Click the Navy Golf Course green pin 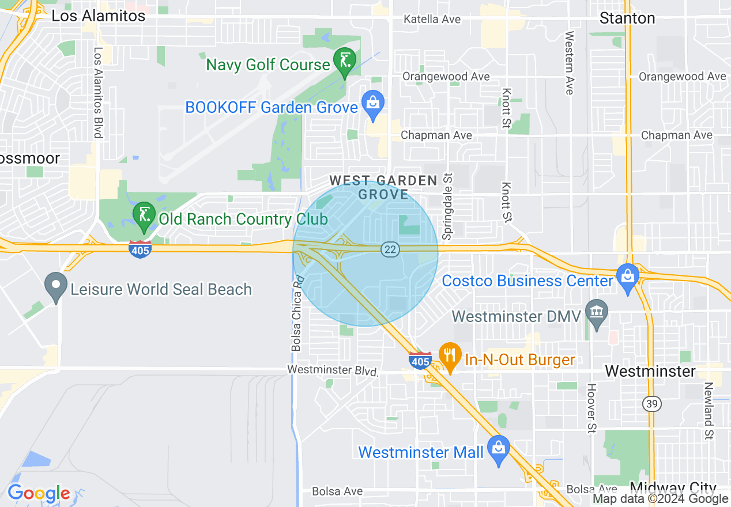pos(344,62)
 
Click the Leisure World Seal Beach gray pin pos(56,286)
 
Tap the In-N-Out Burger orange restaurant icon pos(449,356)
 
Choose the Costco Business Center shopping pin pos(628,278)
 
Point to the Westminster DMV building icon pos(596,313)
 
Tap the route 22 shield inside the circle pos(390,249)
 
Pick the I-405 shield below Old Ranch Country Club pos(140,249)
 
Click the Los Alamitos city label pos(99,16)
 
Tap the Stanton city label pos(627,18)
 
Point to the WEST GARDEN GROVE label pos(383,187)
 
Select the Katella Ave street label pos(432,20)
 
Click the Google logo pos(39,493)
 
